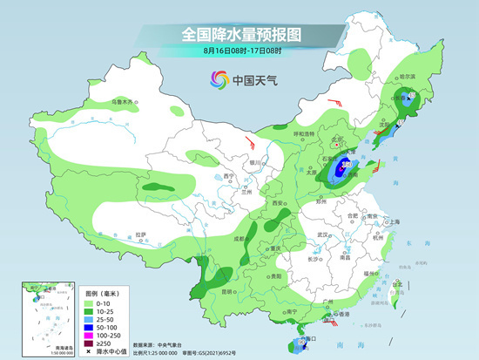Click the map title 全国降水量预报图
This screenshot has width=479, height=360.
[x=239, y=34]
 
